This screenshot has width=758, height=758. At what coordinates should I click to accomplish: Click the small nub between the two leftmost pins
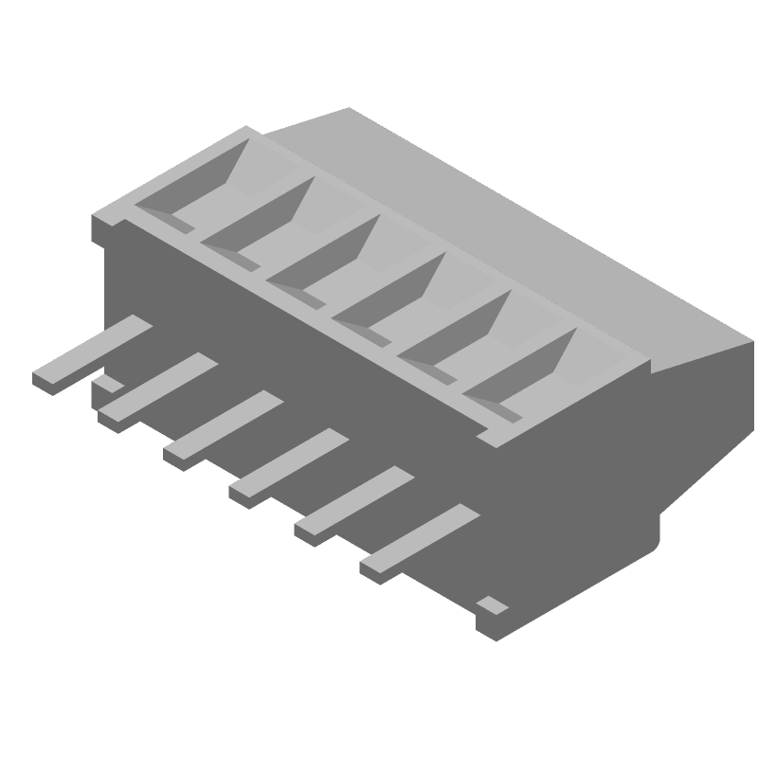(107, 385)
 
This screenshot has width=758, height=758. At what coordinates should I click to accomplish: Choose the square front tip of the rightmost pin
(375, 571)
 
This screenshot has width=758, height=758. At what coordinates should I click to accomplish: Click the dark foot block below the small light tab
(493, 625)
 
